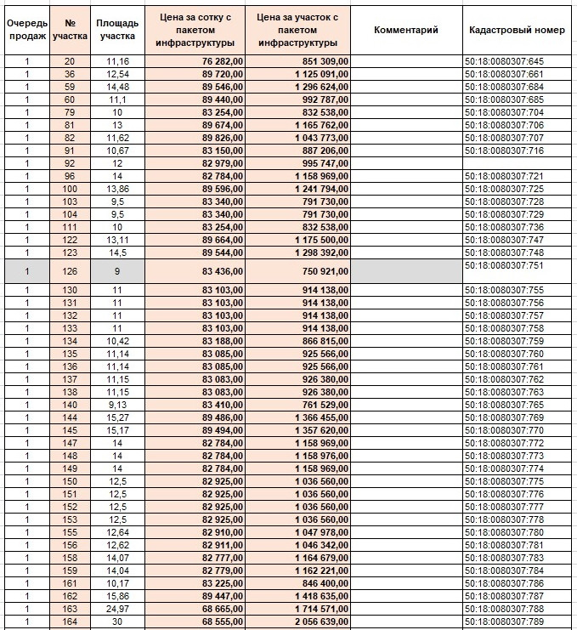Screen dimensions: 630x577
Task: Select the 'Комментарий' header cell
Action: click(x=405, y=30)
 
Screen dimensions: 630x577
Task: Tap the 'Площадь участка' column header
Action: click(x=116, y=30)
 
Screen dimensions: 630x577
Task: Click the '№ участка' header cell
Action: click(x=69, y=30)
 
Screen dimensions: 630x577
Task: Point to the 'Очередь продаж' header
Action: click(x=27, y=30)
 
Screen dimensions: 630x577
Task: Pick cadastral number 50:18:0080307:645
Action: click(x=504, y=61)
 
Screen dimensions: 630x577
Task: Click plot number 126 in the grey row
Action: click(x=69, y=271)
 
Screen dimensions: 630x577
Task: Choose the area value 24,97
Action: click(x=116, y=610)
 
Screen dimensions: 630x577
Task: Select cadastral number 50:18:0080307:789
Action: click(x=504, y=622)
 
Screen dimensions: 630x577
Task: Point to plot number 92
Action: click(x=69, y=163)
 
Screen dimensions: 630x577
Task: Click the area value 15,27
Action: click(x=116, y=418)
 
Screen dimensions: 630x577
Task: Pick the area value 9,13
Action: click(x=116, y=406)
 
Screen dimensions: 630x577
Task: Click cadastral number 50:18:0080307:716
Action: click(x=504, y=150)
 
